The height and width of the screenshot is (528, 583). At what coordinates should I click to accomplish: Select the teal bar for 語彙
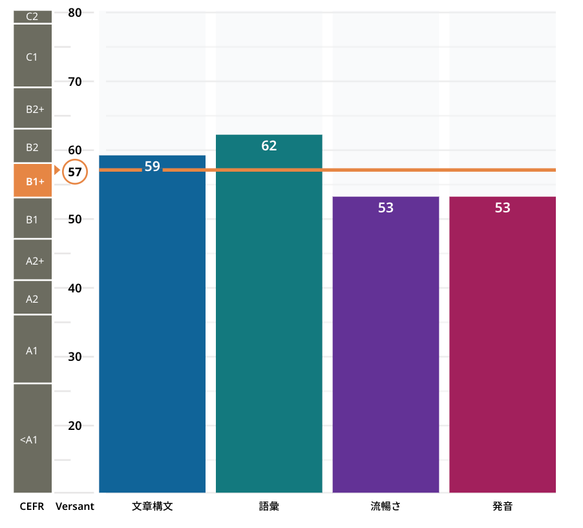click(x=269, y=323)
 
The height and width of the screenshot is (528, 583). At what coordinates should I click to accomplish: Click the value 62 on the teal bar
click(x=269, y=146)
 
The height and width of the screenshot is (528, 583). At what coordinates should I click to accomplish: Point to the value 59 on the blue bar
click(x=152, y=167)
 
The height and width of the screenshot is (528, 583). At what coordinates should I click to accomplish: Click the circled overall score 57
click(x=75, y=172)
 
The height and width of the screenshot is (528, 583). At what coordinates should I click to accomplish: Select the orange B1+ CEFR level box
click(x=32, y=181)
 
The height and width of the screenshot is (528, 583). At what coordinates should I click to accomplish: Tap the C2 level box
click(x=32, y=17)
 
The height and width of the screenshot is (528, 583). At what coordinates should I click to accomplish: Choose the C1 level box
click(x=32, y=57)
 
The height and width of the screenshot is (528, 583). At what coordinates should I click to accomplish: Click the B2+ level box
click(x=32, y=109)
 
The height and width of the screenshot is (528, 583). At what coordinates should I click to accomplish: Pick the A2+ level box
click(x=32, y=259)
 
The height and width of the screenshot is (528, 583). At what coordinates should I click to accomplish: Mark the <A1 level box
click(x=32, y=440)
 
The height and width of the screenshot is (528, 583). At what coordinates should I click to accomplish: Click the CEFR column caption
click(x=32, y=507)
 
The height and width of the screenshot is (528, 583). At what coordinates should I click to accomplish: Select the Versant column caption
click(x=75, y=507)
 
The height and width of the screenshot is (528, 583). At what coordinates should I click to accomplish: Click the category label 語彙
click(x=269, y=507)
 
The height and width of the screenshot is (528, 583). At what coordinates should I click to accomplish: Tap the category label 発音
click(x=502, y=507)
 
